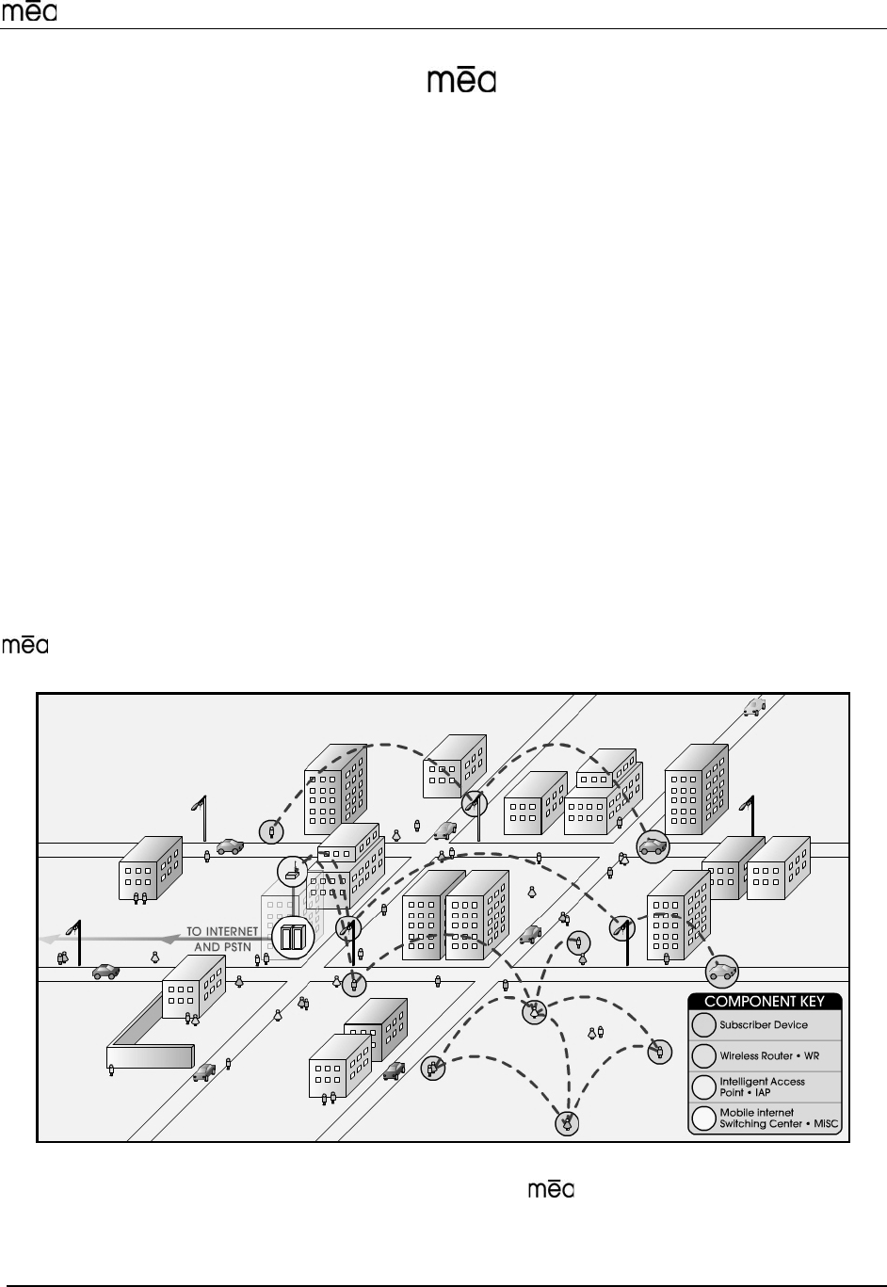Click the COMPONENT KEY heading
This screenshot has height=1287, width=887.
tap(765, 1002)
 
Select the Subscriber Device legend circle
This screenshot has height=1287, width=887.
tap(703, 1025)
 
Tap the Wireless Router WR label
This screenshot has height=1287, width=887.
tap(769, 1056)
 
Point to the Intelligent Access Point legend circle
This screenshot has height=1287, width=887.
tap(703, 1086)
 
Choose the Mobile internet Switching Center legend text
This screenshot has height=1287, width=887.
tap(779, 1118)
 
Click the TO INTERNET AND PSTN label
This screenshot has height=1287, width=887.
tap(221, 939)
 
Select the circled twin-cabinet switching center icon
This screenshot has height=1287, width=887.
tap(294, 938)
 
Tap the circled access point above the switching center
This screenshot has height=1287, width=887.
tap(293, 871)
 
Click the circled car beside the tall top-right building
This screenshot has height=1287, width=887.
tap(653, 845)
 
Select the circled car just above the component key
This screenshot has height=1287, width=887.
tap(722, 971)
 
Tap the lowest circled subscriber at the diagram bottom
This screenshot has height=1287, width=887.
tap(568, 1123)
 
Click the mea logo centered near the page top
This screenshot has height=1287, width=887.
tap(461, 81)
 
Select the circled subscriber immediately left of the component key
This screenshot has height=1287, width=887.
tap(660, 1053)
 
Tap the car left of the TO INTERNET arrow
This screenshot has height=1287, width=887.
tap(105, 972)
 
